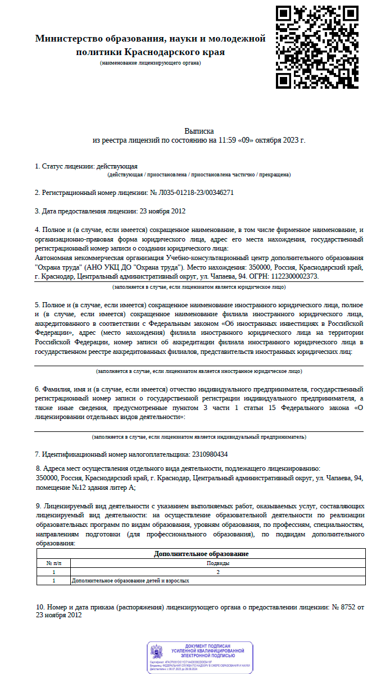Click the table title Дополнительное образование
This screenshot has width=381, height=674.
click(201, 554)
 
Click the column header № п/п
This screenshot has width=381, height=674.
click(53, 563)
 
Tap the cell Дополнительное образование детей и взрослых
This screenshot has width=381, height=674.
click(130, 581)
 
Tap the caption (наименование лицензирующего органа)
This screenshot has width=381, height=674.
click(150, 63)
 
